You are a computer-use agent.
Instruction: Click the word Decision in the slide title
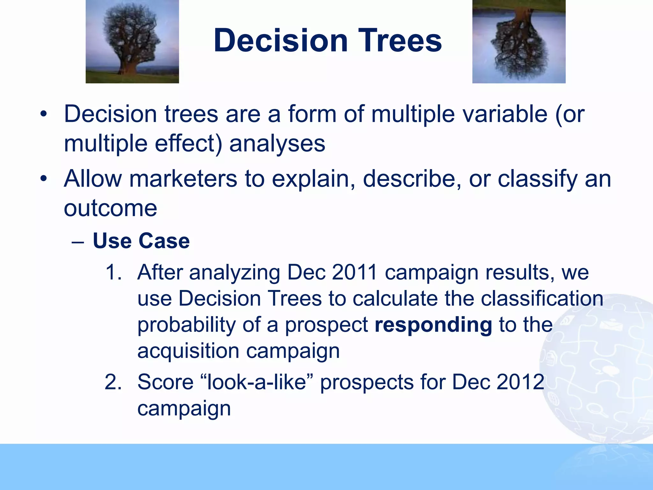pyautogui.click(x=281, y=41)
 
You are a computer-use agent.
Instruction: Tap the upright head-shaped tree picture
pyautogui.click(x=132, y=41)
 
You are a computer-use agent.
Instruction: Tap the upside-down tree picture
pyautogui.click(x=519, y=41)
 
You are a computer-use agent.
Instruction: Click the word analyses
pyautogui.click(x=277, y=144)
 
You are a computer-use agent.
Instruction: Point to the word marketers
pyautogui.click(x=183, y=179)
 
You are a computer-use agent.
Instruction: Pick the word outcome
pyautogui.click(x=110, y=208)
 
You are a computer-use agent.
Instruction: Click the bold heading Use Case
pyautogui.click(x=141, y=241)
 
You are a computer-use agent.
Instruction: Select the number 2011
pyautogui.click(x=355, y=272)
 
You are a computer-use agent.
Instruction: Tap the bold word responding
pyautogui.click(x=433, y=325)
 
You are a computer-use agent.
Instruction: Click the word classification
pyautogui.click(x=542, y=299)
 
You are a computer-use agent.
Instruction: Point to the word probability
pyautogui.click(x=186, y=325)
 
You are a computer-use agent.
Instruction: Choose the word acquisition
pyautogui.click(x=188, y=351)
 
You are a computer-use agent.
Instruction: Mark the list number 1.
pyautogui.click(x=113, y=272)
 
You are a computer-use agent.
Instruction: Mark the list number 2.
pyautogui.click(x=113, y=382)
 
